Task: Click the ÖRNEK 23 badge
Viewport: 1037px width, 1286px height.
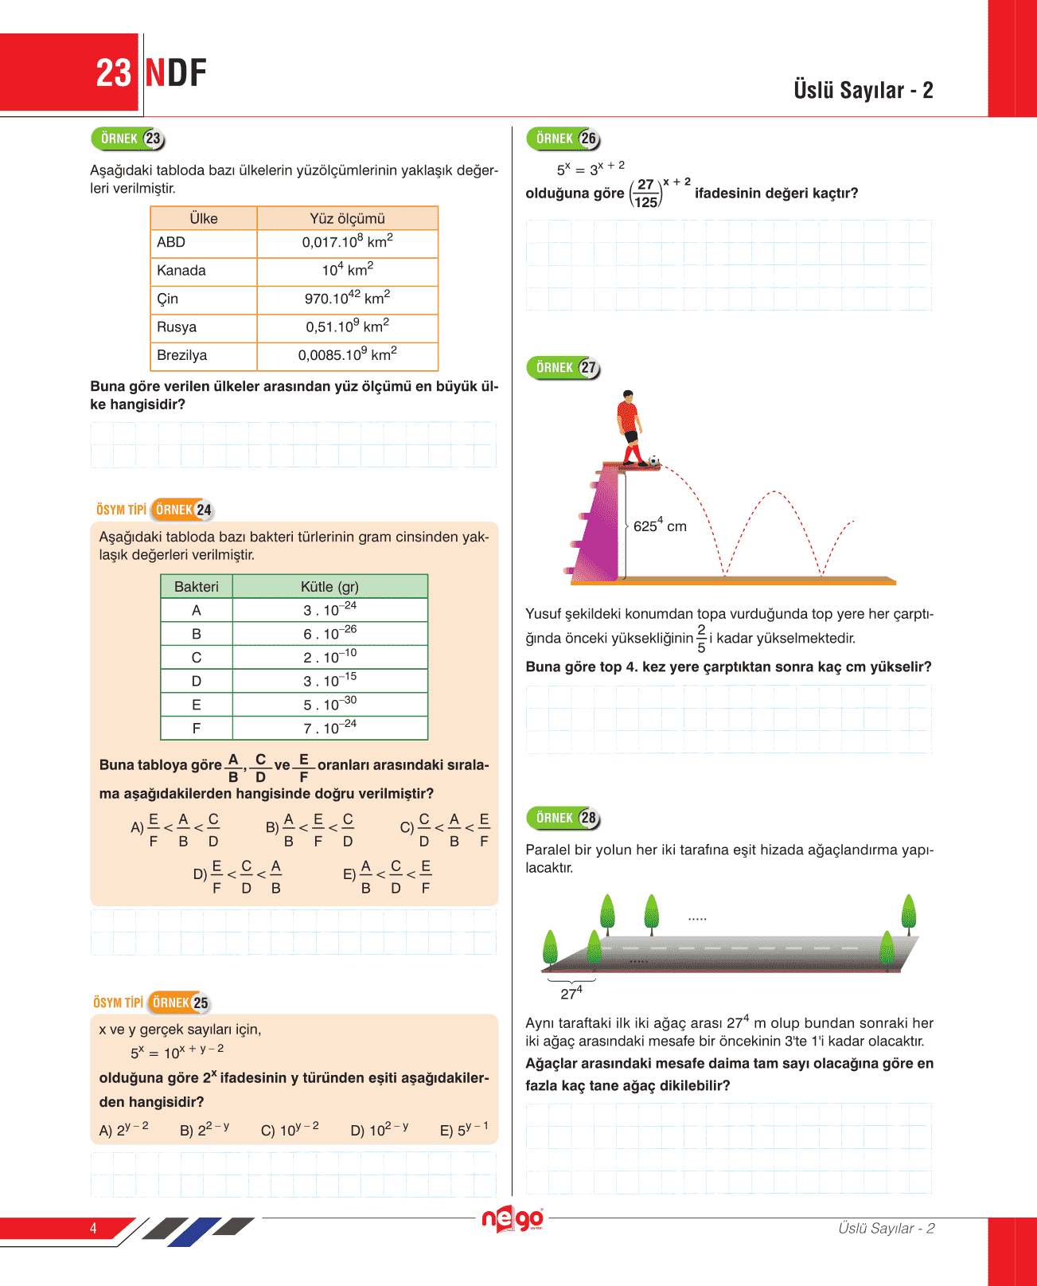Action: [128, 139]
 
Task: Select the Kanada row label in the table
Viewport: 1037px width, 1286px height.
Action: [181, 271]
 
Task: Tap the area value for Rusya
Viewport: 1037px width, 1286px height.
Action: [347, 326]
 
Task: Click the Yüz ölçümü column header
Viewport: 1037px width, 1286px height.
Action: [347, 218]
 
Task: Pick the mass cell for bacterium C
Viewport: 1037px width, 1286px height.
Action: [329, 657]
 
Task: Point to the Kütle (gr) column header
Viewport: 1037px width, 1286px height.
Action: [329, 587]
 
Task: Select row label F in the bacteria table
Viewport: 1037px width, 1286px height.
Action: [197, 728]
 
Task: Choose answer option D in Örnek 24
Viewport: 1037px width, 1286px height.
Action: [237, 876]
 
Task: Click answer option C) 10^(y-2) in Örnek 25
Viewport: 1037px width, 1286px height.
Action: [290, 1129]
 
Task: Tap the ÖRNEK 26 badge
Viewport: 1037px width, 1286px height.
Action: [563, 139]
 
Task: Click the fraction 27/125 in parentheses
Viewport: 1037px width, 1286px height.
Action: [645, 193]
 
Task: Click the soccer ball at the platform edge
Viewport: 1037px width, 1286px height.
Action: [653, 460]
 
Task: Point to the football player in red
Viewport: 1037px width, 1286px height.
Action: [630, 427]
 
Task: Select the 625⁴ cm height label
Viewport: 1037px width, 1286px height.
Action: [660, 526]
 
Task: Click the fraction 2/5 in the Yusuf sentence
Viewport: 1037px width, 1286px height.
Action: [701, 638]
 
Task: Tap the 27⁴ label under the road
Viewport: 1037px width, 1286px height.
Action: [571, 993]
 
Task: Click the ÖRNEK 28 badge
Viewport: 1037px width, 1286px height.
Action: [563, 819]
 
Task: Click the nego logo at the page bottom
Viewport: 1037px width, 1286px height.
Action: [513, 1219]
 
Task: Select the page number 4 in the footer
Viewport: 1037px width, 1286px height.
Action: [93, 1228]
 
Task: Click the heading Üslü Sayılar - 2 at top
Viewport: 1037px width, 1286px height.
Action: [863, 90]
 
